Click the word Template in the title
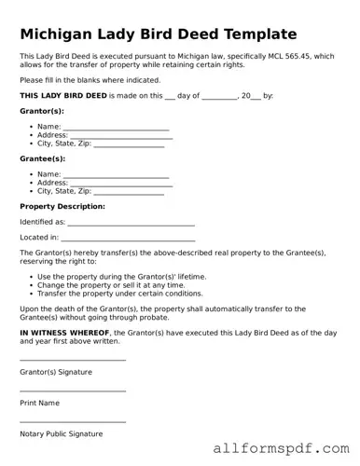(253, 34)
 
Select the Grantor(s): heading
(42, 111)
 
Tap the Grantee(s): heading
(42, 158)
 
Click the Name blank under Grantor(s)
(116, 127)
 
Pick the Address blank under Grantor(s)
(121, 135)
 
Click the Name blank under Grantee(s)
(116, 174)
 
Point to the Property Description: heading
(62, 206)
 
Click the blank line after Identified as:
(132, 223)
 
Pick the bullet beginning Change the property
(111, 284)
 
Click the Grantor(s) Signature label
(56, 372)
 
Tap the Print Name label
(39, 403)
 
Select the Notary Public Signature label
(61, 433)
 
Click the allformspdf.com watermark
(280, 448)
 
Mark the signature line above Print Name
(73, 391)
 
